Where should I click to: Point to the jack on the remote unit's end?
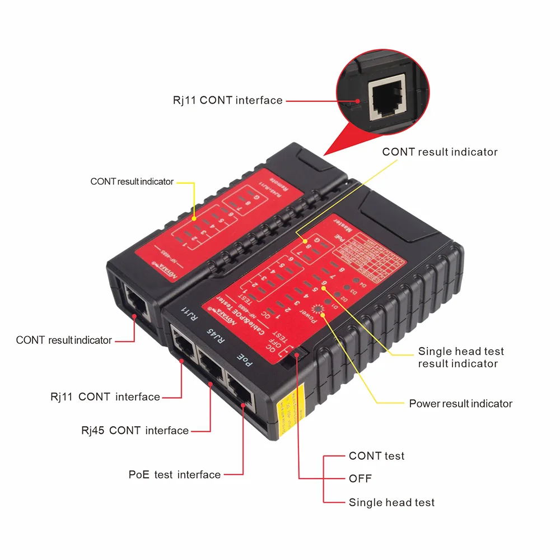[136, 302]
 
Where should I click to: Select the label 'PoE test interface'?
[174, 475]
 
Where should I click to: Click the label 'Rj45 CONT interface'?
[134, 431]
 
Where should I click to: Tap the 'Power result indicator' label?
[460, 404]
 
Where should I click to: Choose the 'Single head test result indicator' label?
[460, 357]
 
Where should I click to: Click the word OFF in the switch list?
[360, 479]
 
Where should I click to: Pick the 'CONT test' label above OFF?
[376, 456]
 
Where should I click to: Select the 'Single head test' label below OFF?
[391, 502]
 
